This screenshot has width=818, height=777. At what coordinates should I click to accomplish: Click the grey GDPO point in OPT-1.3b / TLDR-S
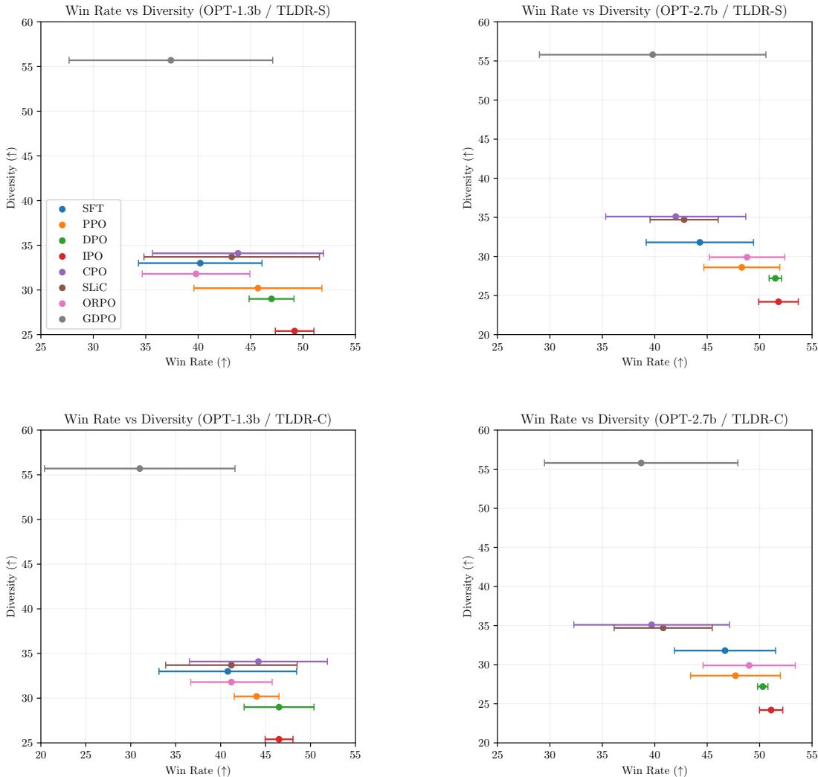170,60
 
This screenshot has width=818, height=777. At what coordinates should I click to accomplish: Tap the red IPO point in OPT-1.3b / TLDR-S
294,331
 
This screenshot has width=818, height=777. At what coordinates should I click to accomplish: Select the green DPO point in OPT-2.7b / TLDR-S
775,278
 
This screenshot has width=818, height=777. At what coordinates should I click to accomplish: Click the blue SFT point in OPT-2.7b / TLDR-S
700,242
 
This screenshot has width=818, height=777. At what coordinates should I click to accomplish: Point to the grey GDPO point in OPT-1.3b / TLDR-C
140,468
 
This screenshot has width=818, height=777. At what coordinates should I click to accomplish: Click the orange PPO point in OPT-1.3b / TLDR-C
257,697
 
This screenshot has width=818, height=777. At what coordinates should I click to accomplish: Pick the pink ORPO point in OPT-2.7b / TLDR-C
749,665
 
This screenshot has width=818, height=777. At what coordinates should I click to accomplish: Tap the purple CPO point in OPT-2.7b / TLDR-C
651,624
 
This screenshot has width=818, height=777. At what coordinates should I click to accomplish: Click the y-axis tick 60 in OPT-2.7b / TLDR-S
483,22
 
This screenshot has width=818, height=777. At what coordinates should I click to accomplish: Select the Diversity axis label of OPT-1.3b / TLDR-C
10,586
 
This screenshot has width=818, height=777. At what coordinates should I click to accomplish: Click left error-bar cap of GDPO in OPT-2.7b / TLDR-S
539,54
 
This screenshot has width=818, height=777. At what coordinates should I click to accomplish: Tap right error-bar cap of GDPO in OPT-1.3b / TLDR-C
235,468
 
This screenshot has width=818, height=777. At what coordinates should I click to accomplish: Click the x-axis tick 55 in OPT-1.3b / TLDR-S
355,346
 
